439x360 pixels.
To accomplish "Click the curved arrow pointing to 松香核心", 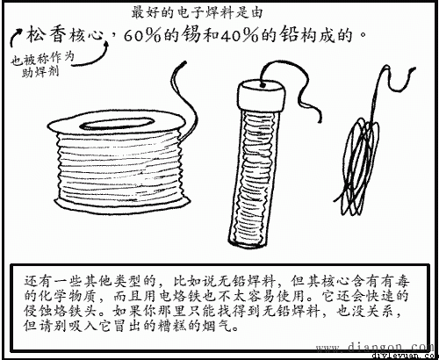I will point(14,40).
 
